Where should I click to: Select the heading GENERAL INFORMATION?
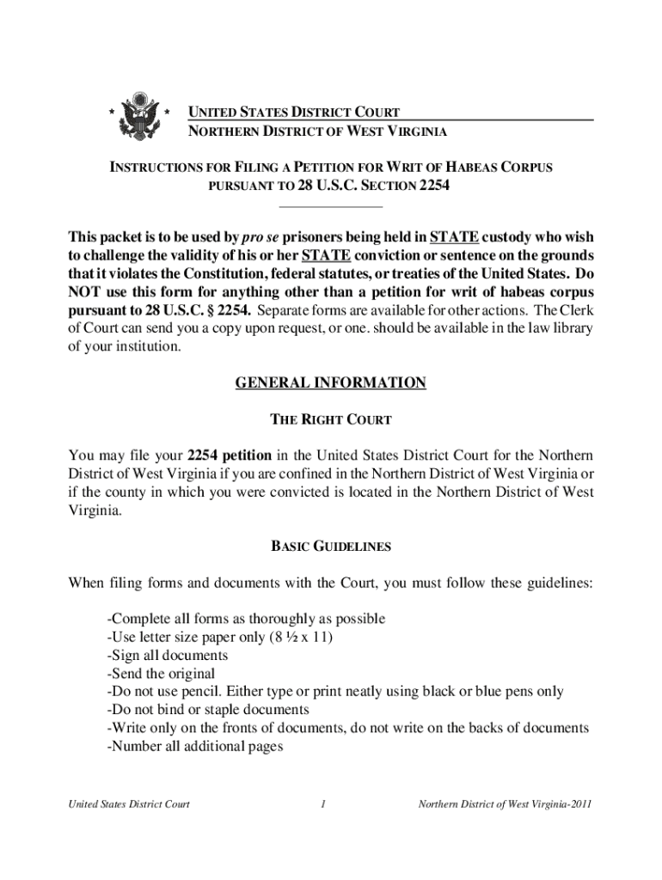(x=331, y=382)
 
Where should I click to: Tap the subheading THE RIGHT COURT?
(x=331, y=420)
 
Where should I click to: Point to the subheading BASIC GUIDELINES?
(x=331, y=546)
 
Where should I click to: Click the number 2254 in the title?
(x=433, y=186)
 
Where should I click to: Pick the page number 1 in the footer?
(x=322, y=805)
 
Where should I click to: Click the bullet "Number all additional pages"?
(x=195, y=746)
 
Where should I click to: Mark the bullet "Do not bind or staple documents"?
(x=207, y=709)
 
